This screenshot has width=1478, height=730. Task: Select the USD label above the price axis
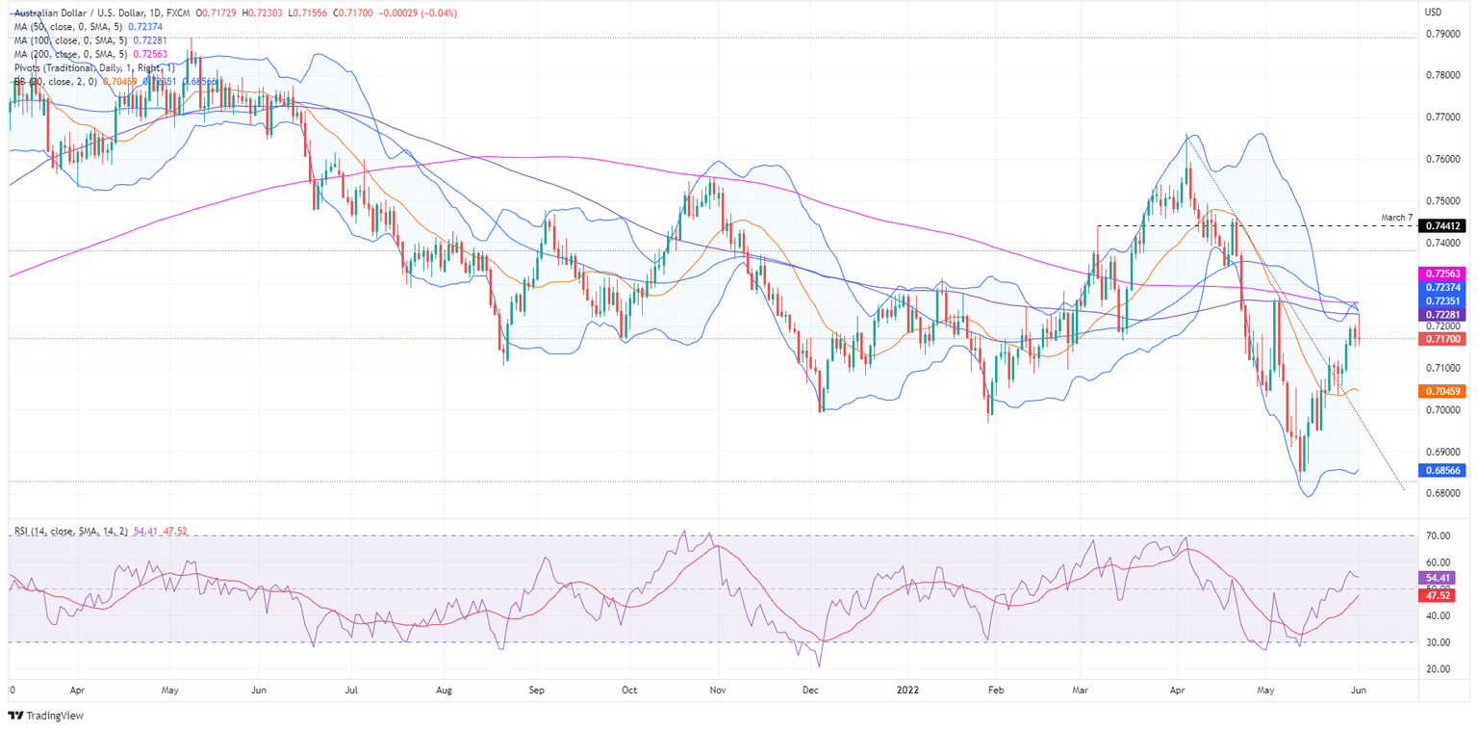coord(1433,13)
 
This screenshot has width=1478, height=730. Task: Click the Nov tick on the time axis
coord(717,691)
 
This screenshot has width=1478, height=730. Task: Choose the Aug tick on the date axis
coord(444,691)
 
